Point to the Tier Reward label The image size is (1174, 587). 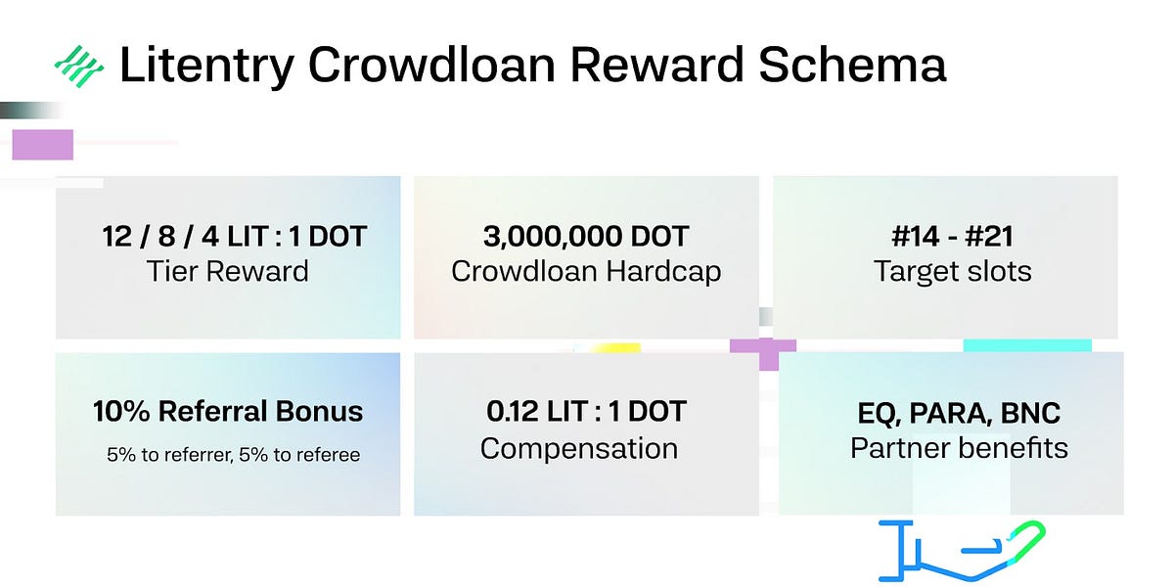tap(228, 271)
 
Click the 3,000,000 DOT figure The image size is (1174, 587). tap(586, 237)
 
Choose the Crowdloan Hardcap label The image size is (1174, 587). tap(586, 271)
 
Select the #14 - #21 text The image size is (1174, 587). tap(945, 237)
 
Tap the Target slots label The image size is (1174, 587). tap(952, 271)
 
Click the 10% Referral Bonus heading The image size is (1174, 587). tap(228, 412)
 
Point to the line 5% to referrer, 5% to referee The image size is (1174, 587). tap(234, 455)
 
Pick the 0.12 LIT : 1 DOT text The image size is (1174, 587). tap(586, 412)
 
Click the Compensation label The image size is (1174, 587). tap(579, 449)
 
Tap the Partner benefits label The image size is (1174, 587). tap(959, 449)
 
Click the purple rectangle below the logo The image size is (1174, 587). tap(42, 145)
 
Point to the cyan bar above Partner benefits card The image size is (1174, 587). tap(1027, 345)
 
